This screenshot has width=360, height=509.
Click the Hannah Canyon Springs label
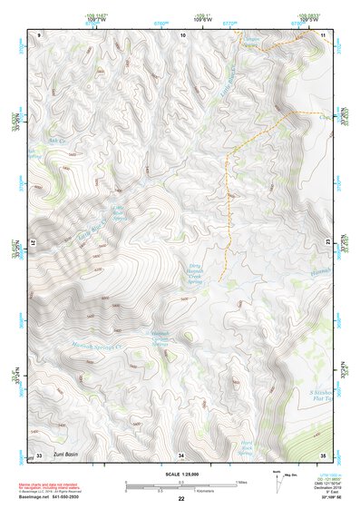[x=161, y=338]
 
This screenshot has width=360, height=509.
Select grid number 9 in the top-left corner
[x=40, y=34]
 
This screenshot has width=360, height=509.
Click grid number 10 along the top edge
[x=183, y=34]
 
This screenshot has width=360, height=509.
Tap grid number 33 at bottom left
[x=39, y=455]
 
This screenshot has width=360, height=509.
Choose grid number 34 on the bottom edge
[x=181, y=455]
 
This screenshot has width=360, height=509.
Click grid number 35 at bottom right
[x=323, y=455]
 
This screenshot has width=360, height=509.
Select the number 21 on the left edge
[x=34, y=245]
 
